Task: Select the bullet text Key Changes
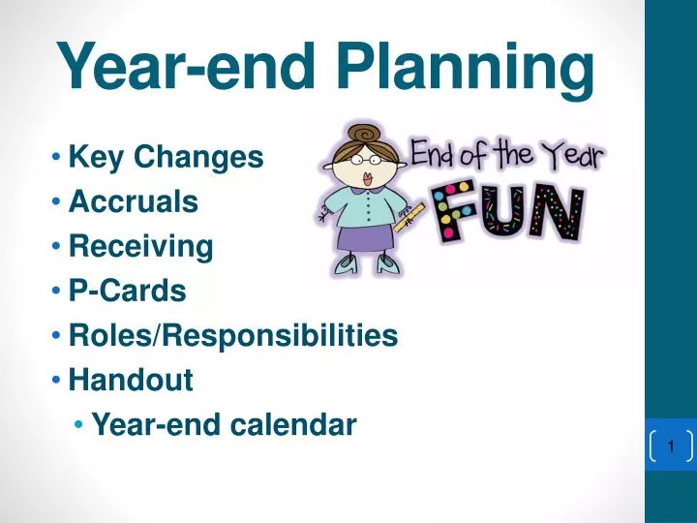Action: (x=167, y=157)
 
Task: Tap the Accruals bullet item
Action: (x=134, y=201)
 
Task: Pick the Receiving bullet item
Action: (x=141, y=247)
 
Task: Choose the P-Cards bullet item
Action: (x=128, y=291)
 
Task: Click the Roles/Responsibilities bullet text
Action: (x=233, y=335)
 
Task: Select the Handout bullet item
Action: (x=131, y=381)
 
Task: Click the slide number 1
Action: (x=669, y=446)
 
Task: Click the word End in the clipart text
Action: (x=437, y=155)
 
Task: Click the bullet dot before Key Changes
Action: (x=59, y=157)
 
